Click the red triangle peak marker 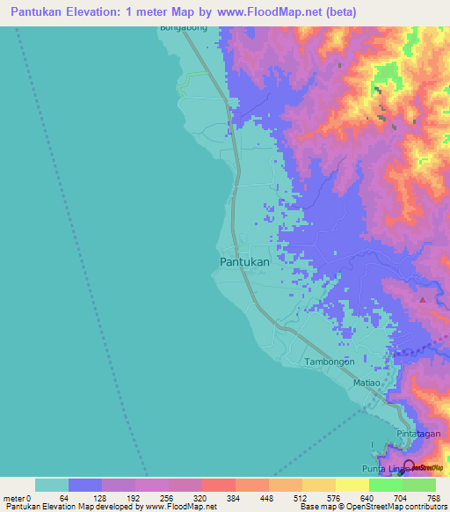423,300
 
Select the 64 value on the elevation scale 63,497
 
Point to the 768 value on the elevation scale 432,497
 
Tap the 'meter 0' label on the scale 18,497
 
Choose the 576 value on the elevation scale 331,497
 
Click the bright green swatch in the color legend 385,485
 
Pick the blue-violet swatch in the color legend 84,485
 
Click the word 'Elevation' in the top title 106,12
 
